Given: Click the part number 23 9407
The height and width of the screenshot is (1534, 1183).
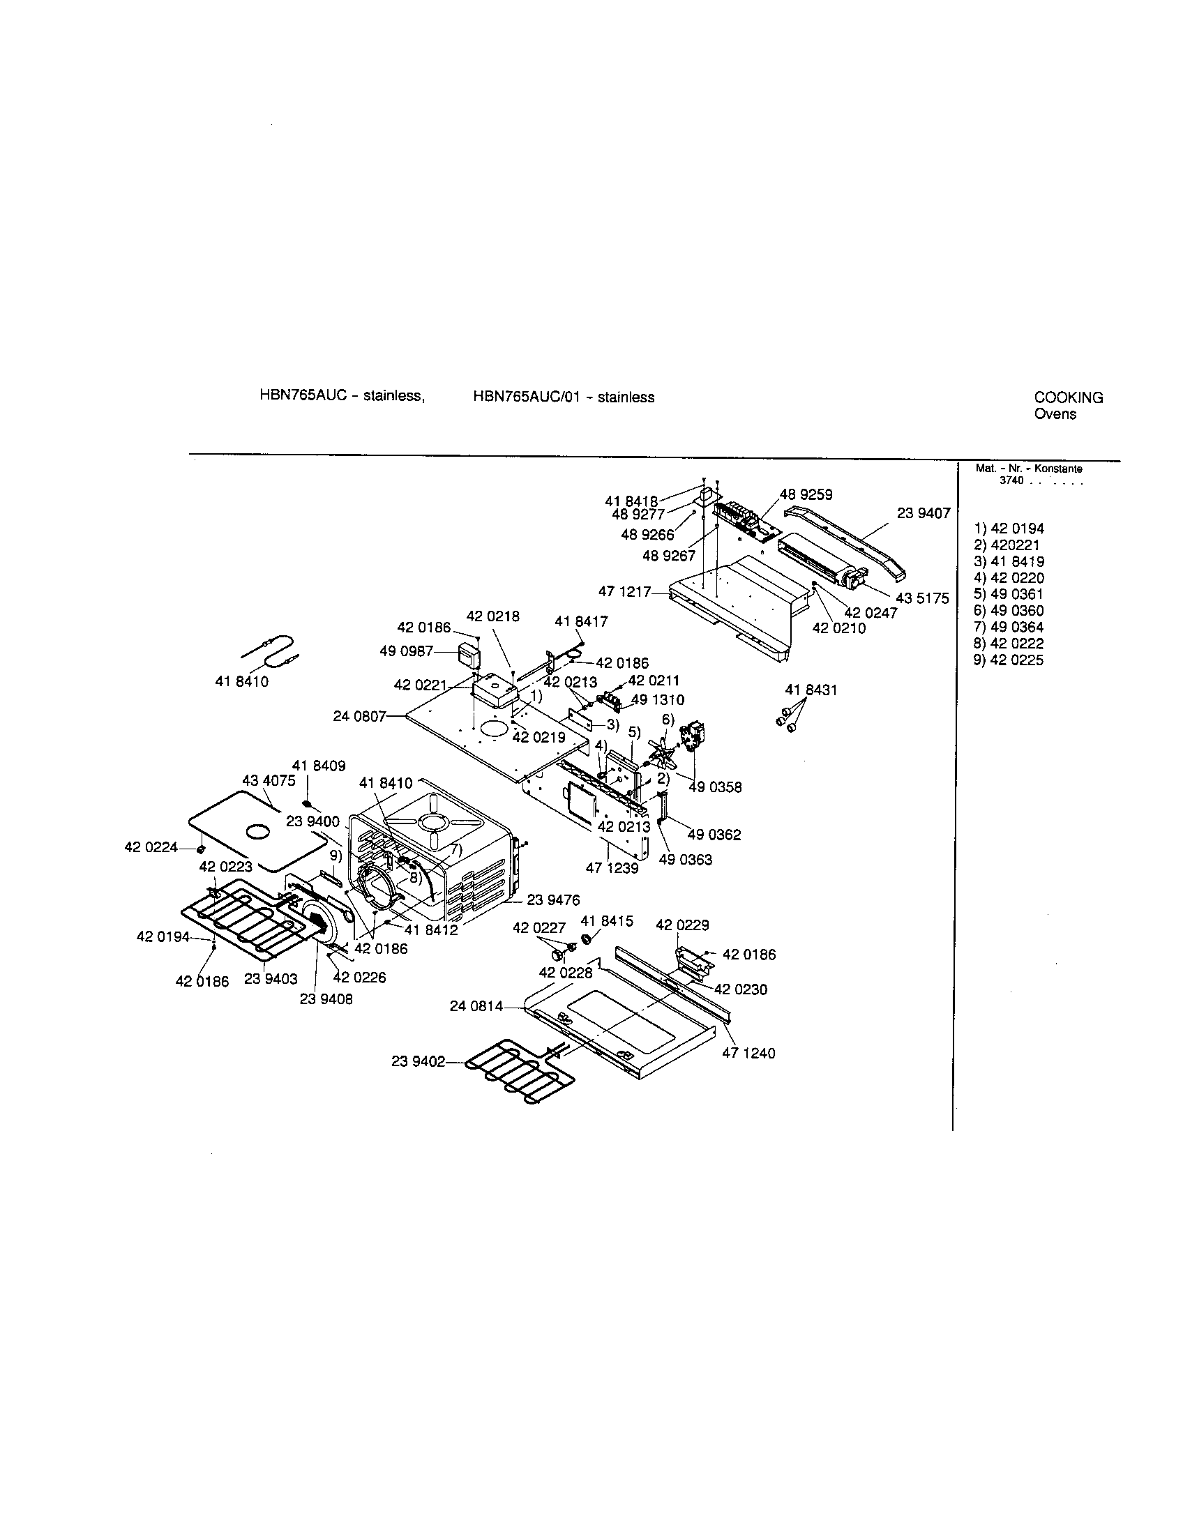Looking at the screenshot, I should coord(923,513).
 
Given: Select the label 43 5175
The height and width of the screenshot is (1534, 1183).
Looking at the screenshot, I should coord(921,598).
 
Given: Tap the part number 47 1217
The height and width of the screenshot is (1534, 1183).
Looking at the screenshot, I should coord(624,592).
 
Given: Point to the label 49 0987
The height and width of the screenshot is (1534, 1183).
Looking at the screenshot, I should coord(406,651).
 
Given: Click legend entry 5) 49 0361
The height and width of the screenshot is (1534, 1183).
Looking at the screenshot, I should coord(1008,594).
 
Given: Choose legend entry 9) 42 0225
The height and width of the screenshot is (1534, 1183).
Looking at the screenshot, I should coord(1008,660).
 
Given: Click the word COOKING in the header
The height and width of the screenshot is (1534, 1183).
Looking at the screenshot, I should coord(1068,397).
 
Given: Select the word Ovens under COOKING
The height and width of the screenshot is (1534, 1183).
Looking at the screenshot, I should coord(1055,414).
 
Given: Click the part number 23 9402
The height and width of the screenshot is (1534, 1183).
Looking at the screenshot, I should coord(418,1061).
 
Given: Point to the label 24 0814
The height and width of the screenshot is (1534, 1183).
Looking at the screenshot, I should coord(476,1006).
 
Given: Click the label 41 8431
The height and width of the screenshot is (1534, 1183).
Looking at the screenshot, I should coord(811,690).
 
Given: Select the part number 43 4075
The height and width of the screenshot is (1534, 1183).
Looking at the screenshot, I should coord(269,780).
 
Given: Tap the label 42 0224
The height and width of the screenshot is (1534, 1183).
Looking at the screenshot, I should coord(151,847).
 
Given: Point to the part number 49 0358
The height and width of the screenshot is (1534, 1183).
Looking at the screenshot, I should coord(714,787).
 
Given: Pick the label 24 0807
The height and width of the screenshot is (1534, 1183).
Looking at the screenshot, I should coord(359,717).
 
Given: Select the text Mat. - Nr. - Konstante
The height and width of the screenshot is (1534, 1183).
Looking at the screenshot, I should coord(1028,469).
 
